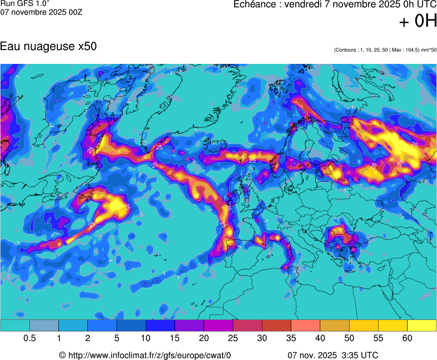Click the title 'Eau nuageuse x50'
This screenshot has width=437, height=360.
(x=48, y=47)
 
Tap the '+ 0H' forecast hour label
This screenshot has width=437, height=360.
(x=418, y=22)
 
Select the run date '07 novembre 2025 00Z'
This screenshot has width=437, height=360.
(x=41, y=12)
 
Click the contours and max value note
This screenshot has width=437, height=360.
(x=385, y=50)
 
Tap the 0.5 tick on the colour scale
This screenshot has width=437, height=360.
(x=29, y=338)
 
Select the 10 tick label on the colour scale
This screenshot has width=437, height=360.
(x=146, y=338)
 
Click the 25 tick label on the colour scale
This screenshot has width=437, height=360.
(x=233, y=338)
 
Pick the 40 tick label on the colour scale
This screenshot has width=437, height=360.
(x=320, y=338)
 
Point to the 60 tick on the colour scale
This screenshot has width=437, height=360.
(x=408, y=338)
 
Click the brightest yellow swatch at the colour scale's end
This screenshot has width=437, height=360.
(x=422, y=326)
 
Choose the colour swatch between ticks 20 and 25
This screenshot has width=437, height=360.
(x=218, y=326)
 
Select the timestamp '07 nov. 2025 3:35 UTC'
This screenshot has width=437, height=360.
(x=333, y=355)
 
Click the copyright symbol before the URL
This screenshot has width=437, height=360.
(x=62, y=355)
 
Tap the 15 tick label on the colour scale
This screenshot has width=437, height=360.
(x=175, y=338)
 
